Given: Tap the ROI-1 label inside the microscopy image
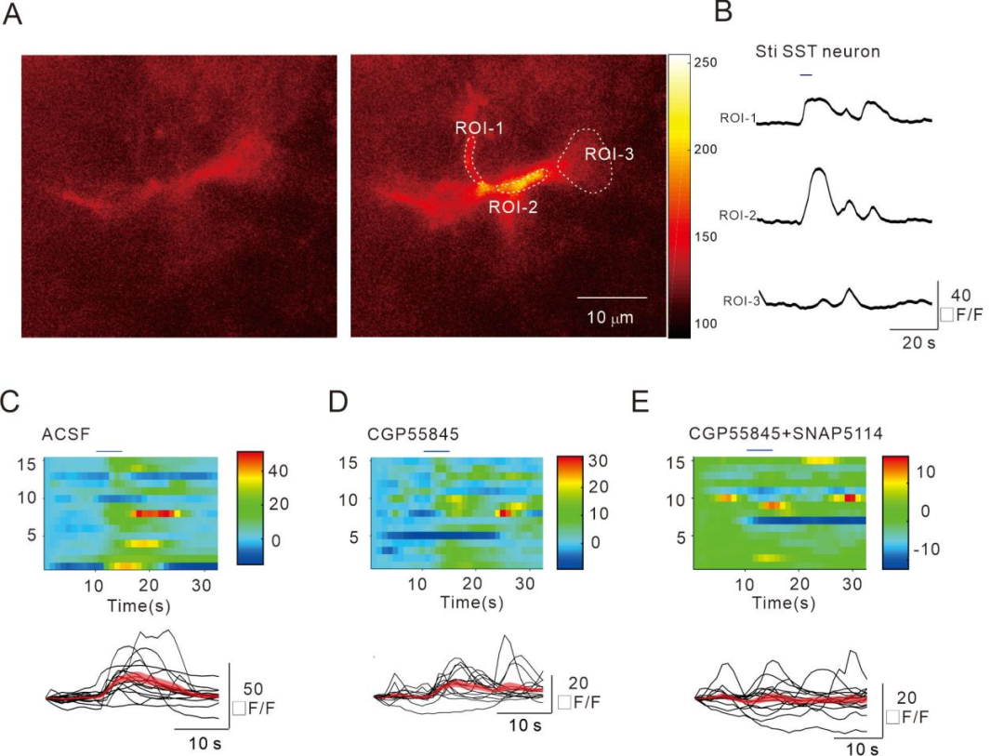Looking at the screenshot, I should (480, 127).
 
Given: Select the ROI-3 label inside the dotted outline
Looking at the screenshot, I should (609, 154).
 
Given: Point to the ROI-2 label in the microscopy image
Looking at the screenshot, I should (514, 208).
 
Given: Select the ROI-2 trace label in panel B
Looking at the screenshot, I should (737, 217).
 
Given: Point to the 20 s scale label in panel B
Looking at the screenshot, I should (919, 343).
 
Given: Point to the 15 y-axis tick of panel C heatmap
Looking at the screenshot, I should (28, 462).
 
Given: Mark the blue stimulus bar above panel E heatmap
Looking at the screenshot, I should (760, 450).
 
